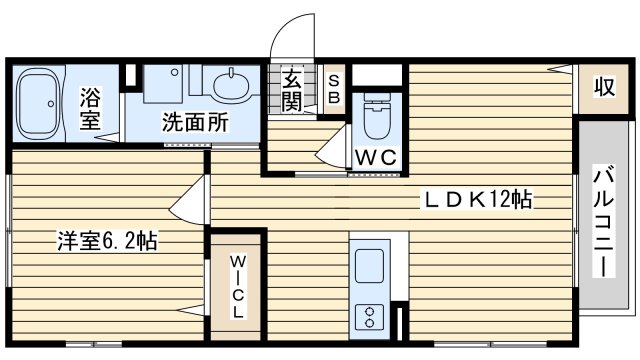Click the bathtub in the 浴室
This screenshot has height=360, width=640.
[x=39, y=104]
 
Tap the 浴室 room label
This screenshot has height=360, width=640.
[x=90, y=108]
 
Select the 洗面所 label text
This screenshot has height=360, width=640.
[x=195, y=122]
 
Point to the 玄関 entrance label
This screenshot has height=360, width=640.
[x=292, y=91]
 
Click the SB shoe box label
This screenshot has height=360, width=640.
[x=334, y=89]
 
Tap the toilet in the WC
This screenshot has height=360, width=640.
[x=377, y=116]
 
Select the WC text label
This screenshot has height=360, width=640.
[x=376, y=157]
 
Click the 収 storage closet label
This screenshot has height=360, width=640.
[x=604, y=87]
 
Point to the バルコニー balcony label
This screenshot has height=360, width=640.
[x=604, y=221]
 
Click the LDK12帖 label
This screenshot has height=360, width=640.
[x=478, y=200]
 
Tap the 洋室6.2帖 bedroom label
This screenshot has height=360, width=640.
[x=107, y=241]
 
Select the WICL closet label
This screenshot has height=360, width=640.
[x=237, y=286]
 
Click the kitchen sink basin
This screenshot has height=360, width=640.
[x=369, y=266]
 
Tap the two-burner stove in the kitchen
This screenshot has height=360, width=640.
[x=369, y=317]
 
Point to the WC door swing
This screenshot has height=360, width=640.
[x=333, y=146]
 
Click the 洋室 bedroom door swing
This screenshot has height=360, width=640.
[x=187, y=200]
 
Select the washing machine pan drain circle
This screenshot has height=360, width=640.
[x=174, y=72]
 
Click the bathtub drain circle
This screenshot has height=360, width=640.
[x=51, y=104]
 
